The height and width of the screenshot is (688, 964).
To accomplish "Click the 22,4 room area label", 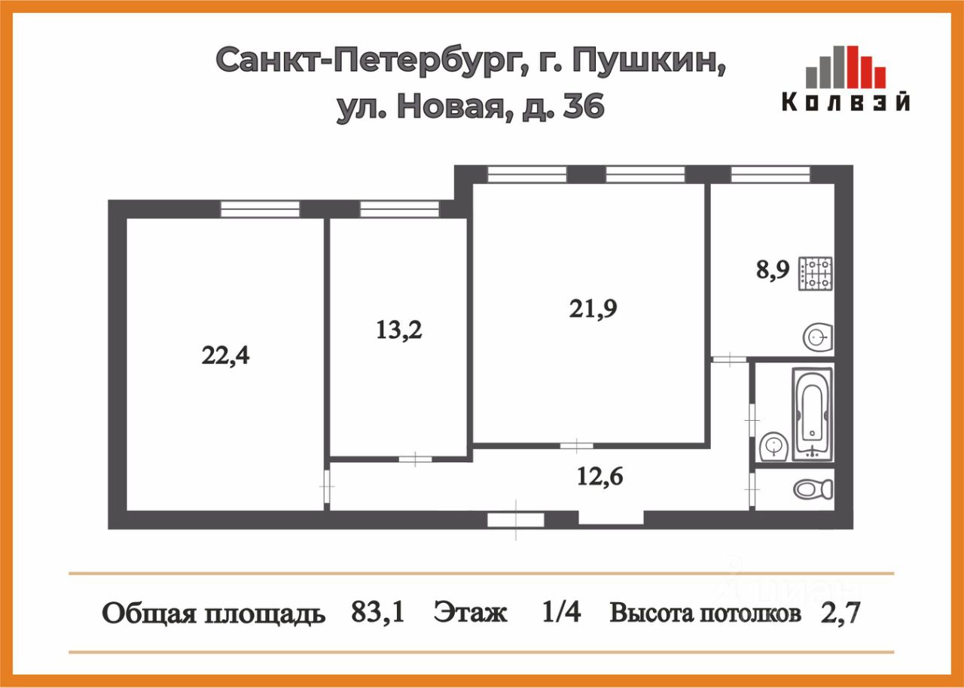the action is (x=225, y=355).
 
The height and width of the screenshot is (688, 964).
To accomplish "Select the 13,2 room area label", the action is (x=398, y=330).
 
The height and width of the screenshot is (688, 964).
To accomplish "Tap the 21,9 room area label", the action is (x=593, y=308).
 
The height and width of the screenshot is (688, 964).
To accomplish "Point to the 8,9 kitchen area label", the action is (x=773, y=269).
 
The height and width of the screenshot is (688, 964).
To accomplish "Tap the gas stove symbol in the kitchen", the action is (x=816, y=274).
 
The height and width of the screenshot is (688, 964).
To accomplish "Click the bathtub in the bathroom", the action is (x=812, y=413).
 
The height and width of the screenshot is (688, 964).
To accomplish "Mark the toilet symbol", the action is (x=811, y=489).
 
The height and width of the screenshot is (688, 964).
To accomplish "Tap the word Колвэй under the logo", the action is (x=845, y=102).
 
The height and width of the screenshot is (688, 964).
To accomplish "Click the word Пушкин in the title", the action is (x=650, y=60).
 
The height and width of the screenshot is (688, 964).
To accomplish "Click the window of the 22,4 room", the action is (x=260, y=209).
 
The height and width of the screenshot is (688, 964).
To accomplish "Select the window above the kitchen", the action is (x=770, y=175).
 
